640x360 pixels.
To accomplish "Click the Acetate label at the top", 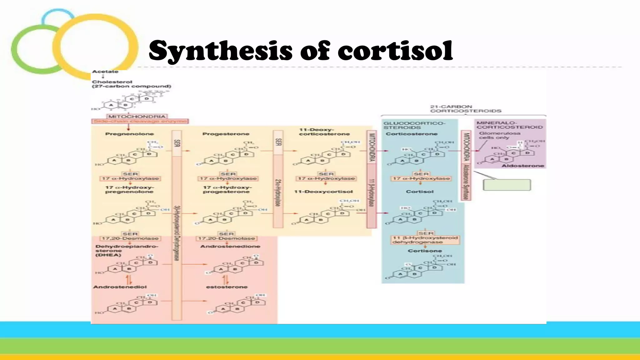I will point(105,72).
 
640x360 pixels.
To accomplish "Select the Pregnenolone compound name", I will point(129,134).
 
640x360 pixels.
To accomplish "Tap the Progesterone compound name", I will point(226,134).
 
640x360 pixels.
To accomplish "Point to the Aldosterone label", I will point(522,166).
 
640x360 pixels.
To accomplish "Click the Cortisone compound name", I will point(425,251).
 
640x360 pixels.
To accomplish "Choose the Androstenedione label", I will point(230,246).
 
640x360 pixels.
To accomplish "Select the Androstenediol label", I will point(120,287).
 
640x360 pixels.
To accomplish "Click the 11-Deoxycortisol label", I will point(323,192).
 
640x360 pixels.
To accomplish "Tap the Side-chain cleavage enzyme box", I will point(140,121).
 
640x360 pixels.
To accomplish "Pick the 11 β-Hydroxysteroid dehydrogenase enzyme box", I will point(425,240).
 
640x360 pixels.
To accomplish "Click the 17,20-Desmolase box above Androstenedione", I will point(226,238).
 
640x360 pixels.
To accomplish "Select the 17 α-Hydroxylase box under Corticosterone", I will point(421,178).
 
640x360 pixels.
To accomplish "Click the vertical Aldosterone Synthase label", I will point(466,182).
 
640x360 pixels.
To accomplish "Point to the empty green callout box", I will point(507,185).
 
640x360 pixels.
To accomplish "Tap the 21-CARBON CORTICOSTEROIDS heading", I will point(465,109).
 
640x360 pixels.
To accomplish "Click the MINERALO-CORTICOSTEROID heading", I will point(509,125).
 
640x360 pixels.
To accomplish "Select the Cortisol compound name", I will point(420,192).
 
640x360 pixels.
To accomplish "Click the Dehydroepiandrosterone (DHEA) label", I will point(127,251).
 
